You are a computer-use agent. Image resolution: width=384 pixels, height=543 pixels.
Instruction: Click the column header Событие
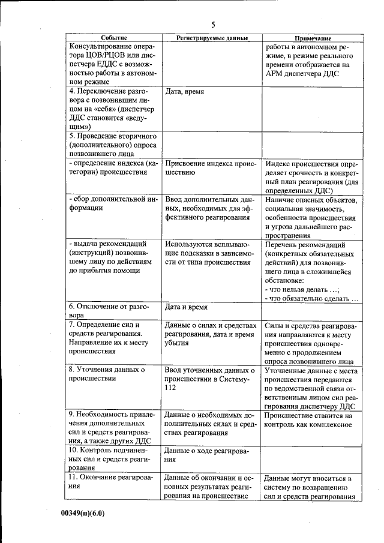tap(113, 38)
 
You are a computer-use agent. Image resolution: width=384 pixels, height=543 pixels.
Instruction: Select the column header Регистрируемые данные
tap(212, 38)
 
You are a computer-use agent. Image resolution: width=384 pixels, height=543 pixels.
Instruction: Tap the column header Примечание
tap(313, 38)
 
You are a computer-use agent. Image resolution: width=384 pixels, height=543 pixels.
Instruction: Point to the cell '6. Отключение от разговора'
tap(106, 310)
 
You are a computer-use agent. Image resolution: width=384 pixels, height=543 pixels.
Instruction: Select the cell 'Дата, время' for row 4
tap(184, 92)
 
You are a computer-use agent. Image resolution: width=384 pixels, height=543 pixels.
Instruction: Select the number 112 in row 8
tap(171, 388)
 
